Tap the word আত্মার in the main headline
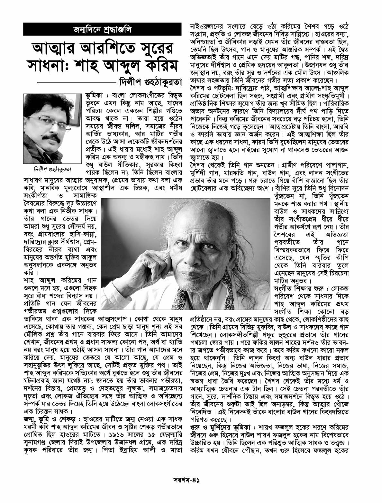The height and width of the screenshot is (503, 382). [56, 49]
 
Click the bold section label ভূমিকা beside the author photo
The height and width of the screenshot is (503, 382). [95, 96]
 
